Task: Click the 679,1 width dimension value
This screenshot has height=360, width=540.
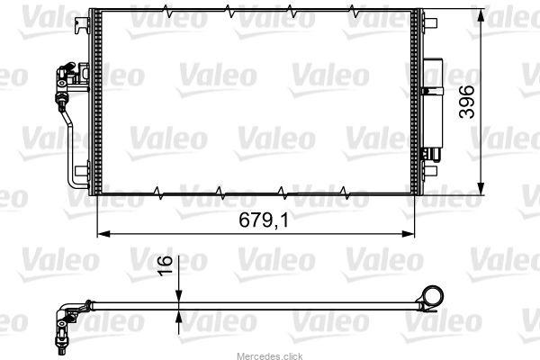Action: pos(264,220)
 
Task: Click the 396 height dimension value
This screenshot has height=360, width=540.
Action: pos(467,102)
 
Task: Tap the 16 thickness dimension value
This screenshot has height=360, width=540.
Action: pos(165,265)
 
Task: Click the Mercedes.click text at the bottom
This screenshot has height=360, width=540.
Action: pos(270,356)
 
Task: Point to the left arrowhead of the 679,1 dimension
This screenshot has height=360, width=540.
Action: pos(103,234)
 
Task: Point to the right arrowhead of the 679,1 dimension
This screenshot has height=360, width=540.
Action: pos(408,234)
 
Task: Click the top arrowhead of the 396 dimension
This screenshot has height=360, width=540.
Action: pos(481,15)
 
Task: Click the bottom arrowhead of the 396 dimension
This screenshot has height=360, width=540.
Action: pos(481,188)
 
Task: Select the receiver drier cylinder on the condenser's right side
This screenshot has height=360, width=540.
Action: pos(433,110)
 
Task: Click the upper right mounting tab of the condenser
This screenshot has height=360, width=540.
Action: pos(430,23)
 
